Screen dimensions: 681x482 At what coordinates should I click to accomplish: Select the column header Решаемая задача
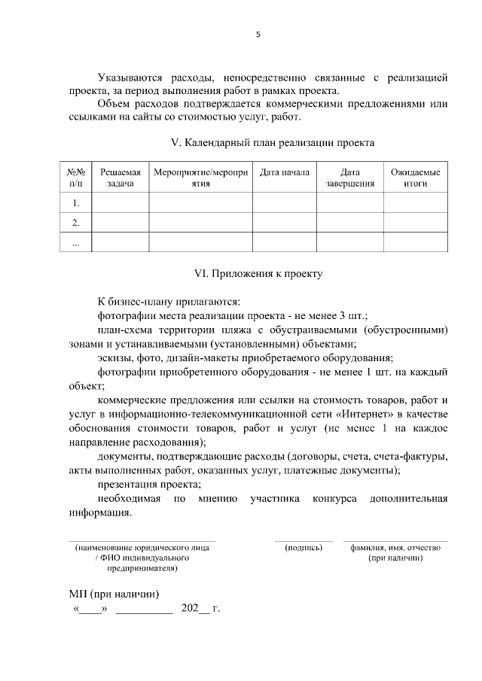pyautogui.click(x=120, y=178)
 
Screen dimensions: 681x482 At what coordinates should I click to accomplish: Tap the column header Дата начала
pyautogui.click(x=284, y=172)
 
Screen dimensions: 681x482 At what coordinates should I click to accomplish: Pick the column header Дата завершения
pyautogui.click(x=350, y=178)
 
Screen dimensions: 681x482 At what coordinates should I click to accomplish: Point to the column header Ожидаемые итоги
pyautogui.click(x=415, y=178)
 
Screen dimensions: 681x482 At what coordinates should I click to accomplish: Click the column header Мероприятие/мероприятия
pyautogui.click(x=200, y=178)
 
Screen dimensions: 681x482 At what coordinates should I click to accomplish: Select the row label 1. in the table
pyautogui.click(x=75, y=203)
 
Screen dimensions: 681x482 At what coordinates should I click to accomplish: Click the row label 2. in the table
pyautogui.click(x=75, y=223)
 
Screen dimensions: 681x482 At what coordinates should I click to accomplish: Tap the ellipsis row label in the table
pyautogui.click(x=75, y=242)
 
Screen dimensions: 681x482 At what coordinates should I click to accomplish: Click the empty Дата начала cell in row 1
pyautogui.click(x=284, y=203)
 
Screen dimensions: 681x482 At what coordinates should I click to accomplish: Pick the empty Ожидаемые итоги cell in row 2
pyautogui.click(x=415, y=223)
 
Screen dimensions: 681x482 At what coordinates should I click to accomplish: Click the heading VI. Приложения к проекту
pyautogui.click(x=258, y=274)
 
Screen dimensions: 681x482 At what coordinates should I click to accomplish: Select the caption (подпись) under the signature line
pyautogui.click(x=304, y=548)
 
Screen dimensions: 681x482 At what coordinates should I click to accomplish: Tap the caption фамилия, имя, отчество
pyautogui.click(x=395, y=548)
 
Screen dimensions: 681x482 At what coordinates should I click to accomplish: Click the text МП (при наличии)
pyautogui.click(x=114, y=593)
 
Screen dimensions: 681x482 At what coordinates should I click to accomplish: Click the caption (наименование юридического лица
pyautogui.click(x=142, y=548)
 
